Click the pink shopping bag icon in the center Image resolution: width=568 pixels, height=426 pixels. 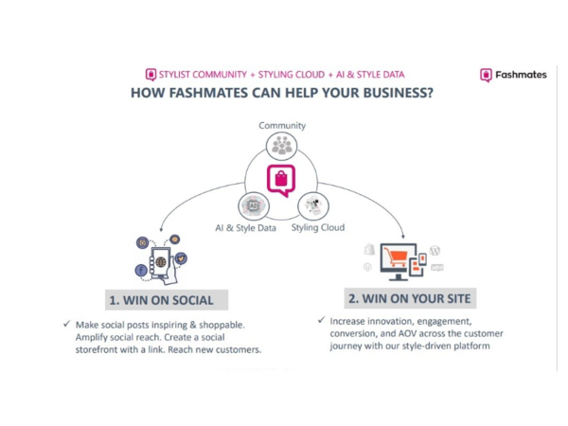pyautogui.click(x=280, y=179)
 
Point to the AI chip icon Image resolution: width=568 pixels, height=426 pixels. pyautogui.click(x=254, y=205)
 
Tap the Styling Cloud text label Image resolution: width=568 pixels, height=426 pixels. pyautogui.click(x=317, y=228)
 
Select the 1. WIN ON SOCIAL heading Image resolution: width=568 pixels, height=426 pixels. pyautogui.click(x=160, y=301)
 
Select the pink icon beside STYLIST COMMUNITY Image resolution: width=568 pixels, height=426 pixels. pyautogui.click(x=150, y=75)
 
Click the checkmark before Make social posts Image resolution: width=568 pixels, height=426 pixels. pyautogui.click(x=67, y=325)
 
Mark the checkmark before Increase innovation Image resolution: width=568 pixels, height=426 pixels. pyautogui.click(x=321, y=321)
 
